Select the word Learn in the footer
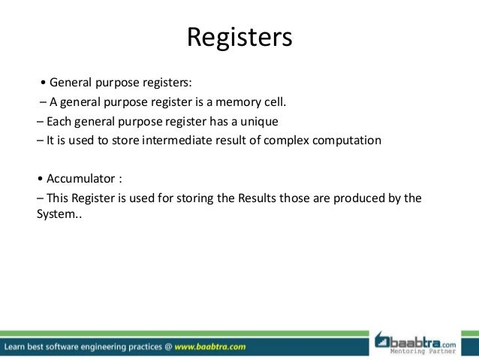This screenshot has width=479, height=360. pyautogui.click(x=18, y=347)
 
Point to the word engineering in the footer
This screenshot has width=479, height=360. pyautogui.click(x=113, y=347)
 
